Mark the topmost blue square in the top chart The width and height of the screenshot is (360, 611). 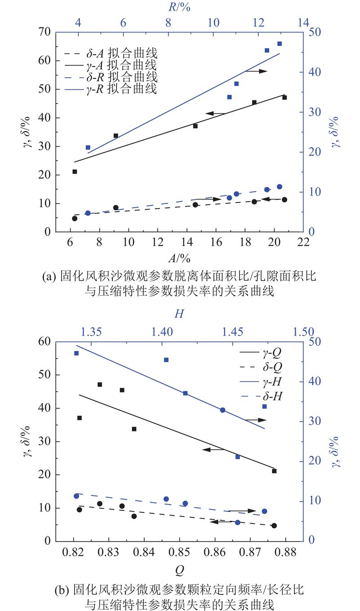pyautogui.click(x=279, y=44)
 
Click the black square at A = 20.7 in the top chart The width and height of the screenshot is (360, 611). pyautogui.click(x=284, y=98)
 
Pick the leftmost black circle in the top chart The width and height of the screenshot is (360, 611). pyautogui.click(x=75, y=218)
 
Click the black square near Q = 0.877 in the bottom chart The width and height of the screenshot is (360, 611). pyautogui.click(x=274, y=471)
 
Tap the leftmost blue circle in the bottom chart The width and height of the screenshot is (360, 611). pyautogui.click(x=76, y=496)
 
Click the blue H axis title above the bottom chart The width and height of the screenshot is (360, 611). pyautogui.click(x=179, y=315)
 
